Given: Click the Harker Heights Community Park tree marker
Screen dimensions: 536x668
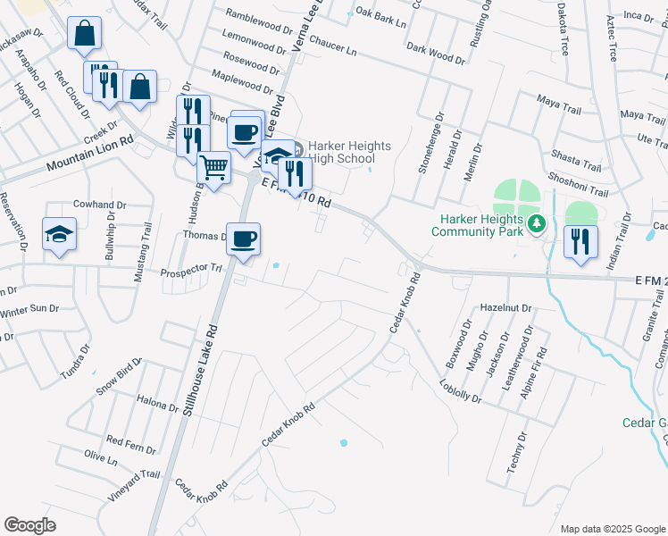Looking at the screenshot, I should pyautogui.click(x=537, y=223).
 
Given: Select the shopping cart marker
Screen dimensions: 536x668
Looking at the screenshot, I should pyautogui.click(x=213, y=167).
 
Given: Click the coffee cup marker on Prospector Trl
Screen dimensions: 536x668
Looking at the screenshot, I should pyautogui.click(x=243, y=239).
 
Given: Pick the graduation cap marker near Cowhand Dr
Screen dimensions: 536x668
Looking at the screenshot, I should pyautogui.click(x=60, y=234).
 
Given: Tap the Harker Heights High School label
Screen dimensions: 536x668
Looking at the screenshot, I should pyautogui.click(x=341, y=153).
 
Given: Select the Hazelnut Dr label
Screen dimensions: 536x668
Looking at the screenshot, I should pyautogui.click(x=505, y=308).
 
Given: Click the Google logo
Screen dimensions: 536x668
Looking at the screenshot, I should pyautogui.click(x=29, y=525).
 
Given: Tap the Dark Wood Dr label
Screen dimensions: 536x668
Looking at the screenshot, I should pyautogui.click(x=436, y=54).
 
